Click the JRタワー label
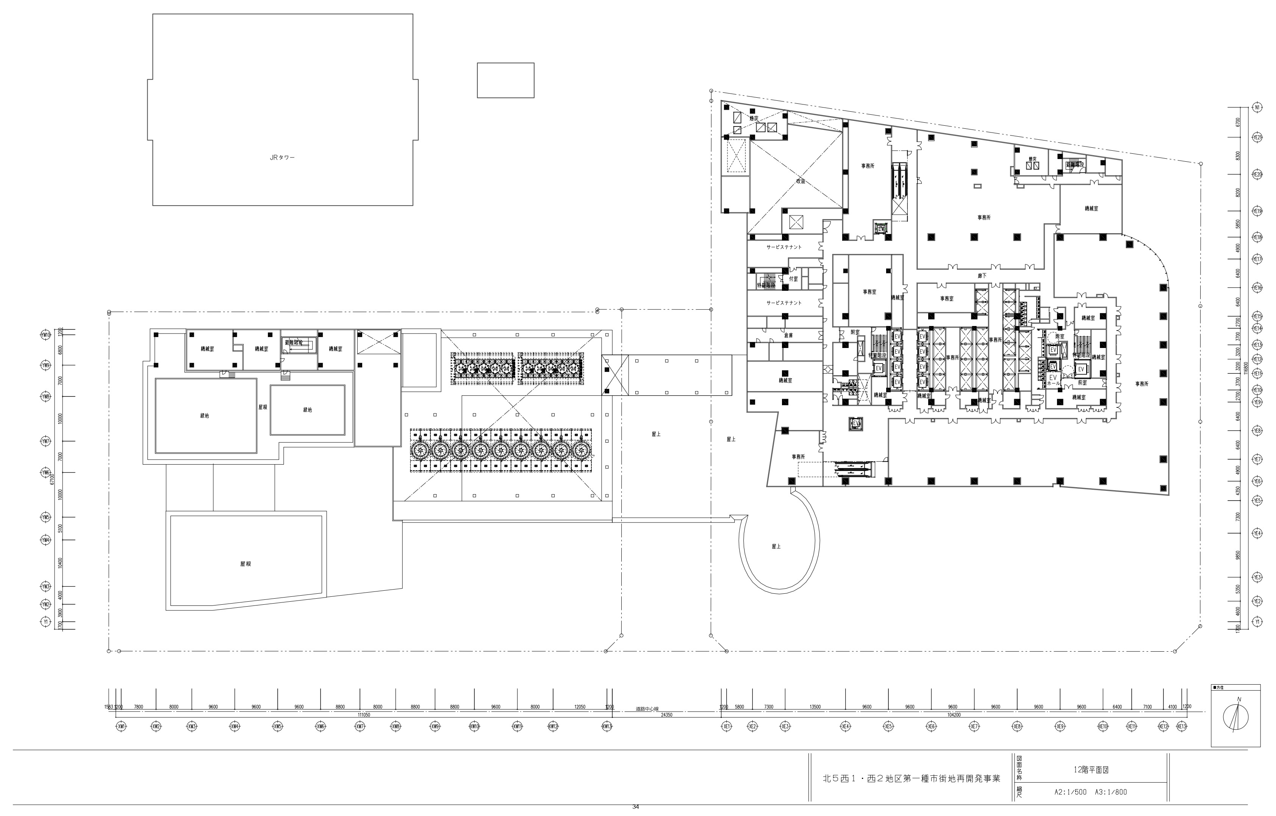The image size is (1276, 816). click(282, 158)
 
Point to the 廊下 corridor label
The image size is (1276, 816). click(982, 276)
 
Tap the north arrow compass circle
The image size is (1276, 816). click(1235, 717)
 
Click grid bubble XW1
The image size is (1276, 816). click(122, 727)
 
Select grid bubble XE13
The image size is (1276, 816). click(1182, 727)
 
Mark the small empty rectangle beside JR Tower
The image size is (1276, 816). click(505, 80)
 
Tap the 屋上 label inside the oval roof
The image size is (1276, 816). click(776, 546)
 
